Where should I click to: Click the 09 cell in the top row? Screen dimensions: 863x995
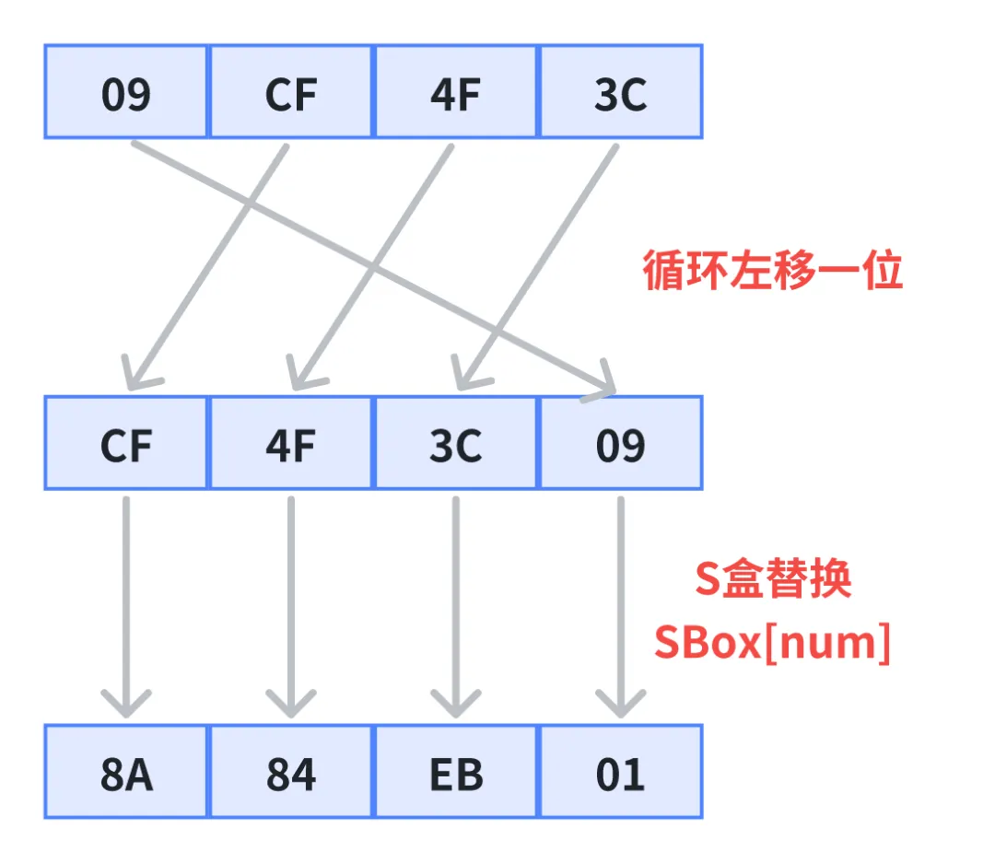[127, 92]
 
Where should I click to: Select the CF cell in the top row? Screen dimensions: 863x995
[291, 92]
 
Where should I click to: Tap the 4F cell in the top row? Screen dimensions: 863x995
[456, 92]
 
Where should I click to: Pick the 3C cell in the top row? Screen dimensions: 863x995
[620, 92]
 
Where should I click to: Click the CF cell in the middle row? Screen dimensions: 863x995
[127, 443]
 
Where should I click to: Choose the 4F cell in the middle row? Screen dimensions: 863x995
[291, 443]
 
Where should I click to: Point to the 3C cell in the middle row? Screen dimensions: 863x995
[456, 443]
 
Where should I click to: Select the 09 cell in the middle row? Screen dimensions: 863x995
[620, 443]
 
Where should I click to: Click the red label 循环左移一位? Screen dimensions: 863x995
[772, 271]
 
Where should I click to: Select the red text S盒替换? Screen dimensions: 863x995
[772, 581]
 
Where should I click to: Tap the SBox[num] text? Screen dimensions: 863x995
[772, 642]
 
